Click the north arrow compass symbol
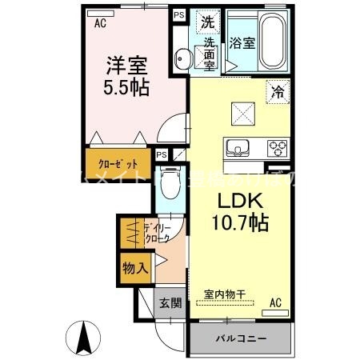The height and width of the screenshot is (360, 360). tap(82, 338)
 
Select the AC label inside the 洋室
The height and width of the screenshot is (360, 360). tap(100, 24)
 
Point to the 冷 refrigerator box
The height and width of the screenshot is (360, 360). tap(277, 91)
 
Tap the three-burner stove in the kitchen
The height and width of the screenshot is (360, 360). tap(278, 147)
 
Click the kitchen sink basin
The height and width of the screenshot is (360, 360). tap(238, 146)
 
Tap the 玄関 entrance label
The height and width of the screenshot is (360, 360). tap(169, 302)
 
